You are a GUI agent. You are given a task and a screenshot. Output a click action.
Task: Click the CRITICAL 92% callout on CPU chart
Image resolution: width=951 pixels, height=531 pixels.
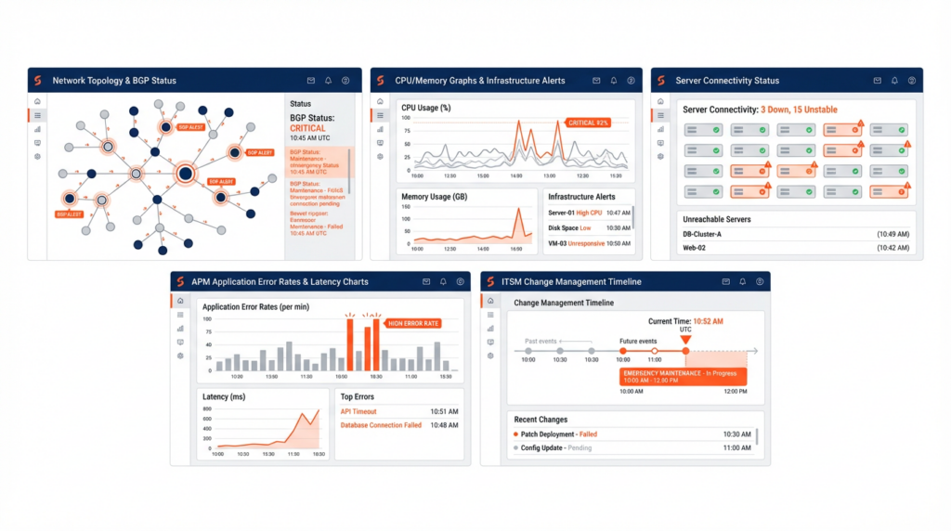(x=588, y=123)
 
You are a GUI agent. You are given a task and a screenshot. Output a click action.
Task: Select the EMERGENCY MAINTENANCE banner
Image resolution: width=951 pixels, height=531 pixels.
(x=683, y=376)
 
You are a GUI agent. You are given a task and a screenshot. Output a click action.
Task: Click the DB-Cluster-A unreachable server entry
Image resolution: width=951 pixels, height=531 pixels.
(x=702, y=234)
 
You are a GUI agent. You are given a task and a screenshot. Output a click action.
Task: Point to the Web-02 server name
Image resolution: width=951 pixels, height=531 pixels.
(x=696, y=248)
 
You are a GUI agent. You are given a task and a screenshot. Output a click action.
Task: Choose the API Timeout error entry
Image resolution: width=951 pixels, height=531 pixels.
(x=358, y=411)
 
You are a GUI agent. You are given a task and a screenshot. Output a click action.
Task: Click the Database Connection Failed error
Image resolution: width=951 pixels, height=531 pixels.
(x=381, y=425)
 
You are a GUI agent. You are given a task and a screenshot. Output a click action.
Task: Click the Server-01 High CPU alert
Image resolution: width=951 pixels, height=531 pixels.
(x=575, y=213)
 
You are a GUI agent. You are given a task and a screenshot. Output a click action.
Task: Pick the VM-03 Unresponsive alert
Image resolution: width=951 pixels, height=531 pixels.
(x=576, y=243)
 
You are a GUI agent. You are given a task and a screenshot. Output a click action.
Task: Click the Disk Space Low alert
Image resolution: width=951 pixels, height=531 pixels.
(x=569, y=228)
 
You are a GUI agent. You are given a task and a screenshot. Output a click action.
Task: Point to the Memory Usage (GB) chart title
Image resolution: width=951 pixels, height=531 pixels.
(x=433, y=197)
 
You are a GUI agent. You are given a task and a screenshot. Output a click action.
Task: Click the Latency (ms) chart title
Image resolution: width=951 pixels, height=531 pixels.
(x=226, y=396)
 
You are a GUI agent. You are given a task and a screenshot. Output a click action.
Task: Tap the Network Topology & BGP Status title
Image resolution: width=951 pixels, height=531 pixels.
(x=114, y=81)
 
